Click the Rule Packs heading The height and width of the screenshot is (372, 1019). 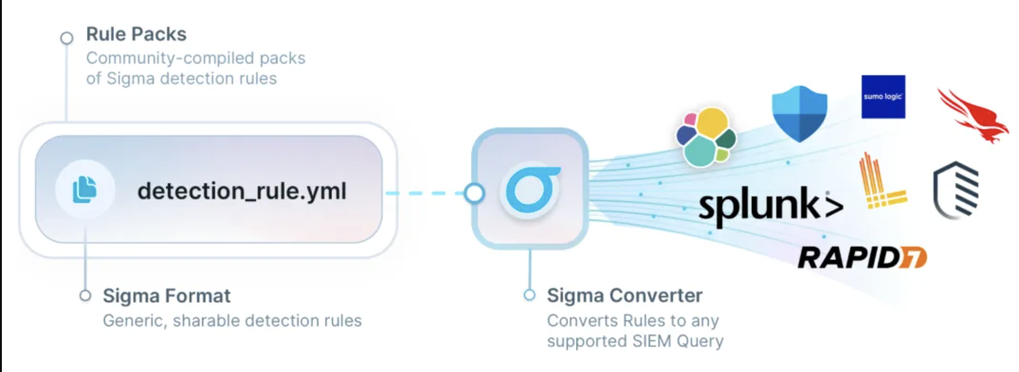coord(136,34)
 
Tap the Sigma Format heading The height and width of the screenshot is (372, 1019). coord(166,296)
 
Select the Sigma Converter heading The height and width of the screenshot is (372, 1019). coord(624,295)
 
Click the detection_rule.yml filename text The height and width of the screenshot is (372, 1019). coord(242,191)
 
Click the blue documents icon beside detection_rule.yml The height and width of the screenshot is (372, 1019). coord(85,189)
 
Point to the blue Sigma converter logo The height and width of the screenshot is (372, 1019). coord(531,189)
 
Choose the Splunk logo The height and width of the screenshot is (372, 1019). coord(770,206)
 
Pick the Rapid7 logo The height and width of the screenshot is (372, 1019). coord(862,257)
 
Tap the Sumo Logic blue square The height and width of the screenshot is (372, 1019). coord(883,97)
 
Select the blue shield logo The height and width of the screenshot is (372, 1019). coord(800,114)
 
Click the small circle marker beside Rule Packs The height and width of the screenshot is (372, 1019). coord(67,38)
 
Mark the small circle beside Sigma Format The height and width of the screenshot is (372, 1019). coord(85,296)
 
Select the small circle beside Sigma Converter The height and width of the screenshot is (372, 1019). coord(529,295)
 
